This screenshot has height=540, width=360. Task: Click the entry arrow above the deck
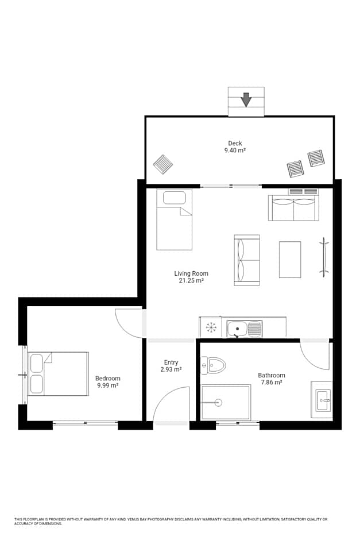click(x=246, y=99)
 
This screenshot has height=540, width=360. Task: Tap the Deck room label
click(x=235, y=143)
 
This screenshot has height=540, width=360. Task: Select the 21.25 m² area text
click(x=191, y=281)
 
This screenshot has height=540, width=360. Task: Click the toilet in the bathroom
click(x=214, y=365)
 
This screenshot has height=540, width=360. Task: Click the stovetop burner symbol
click(x=211, y=327)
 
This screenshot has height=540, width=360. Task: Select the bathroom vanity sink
click(x=323, y=400)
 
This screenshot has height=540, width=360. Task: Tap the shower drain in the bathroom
click(x=218, y=402)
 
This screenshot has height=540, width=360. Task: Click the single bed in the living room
click(x=174, y=219)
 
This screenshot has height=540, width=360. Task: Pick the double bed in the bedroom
click(x=58, y=373)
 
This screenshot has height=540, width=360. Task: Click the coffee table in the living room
click(x=290, y=259)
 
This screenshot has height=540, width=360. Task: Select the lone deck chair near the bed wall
click(x=163, y=164)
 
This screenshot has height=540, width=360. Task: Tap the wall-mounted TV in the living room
click(x=324, y=257)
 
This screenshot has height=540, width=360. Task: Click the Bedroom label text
click(x=108, y=379)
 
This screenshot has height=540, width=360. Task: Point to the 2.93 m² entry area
click(x=171, y=369)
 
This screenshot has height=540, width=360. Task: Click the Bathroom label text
click(x=272, y=375)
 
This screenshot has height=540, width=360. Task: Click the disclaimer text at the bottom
click(x=171, y=521)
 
